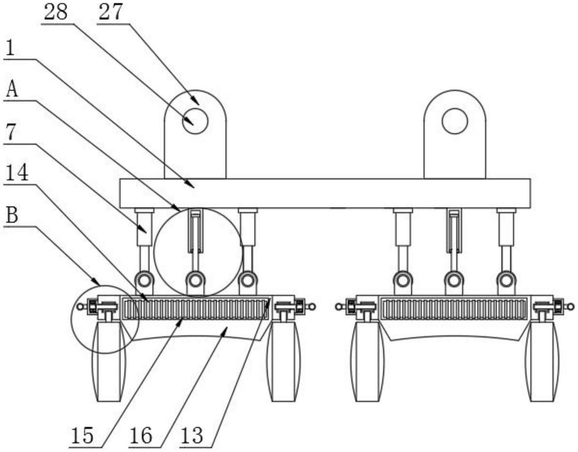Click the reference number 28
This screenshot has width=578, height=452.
56,12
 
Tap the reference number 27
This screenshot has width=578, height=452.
110,12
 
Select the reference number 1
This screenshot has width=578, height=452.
10,48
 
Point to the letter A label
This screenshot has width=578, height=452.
12,89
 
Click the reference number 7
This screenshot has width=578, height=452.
11,132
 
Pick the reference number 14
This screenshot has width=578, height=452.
17,173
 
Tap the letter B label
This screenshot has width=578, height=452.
12,215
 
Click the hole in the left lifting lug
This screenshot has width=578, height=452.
195,121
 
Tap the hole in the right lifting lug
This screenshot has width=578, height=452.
455,121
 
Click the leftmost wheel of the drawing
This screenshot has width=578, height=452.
109,361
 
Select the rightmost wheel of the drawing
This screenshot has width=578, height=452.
542,361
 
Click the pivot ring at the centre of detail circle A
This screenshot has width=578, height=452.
195,280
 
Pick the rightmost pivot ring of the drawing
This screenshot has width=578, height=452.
506,280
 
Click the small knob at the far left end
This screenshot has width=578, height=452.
80,307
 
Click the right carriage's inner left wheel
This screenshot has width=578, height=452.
367,361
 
